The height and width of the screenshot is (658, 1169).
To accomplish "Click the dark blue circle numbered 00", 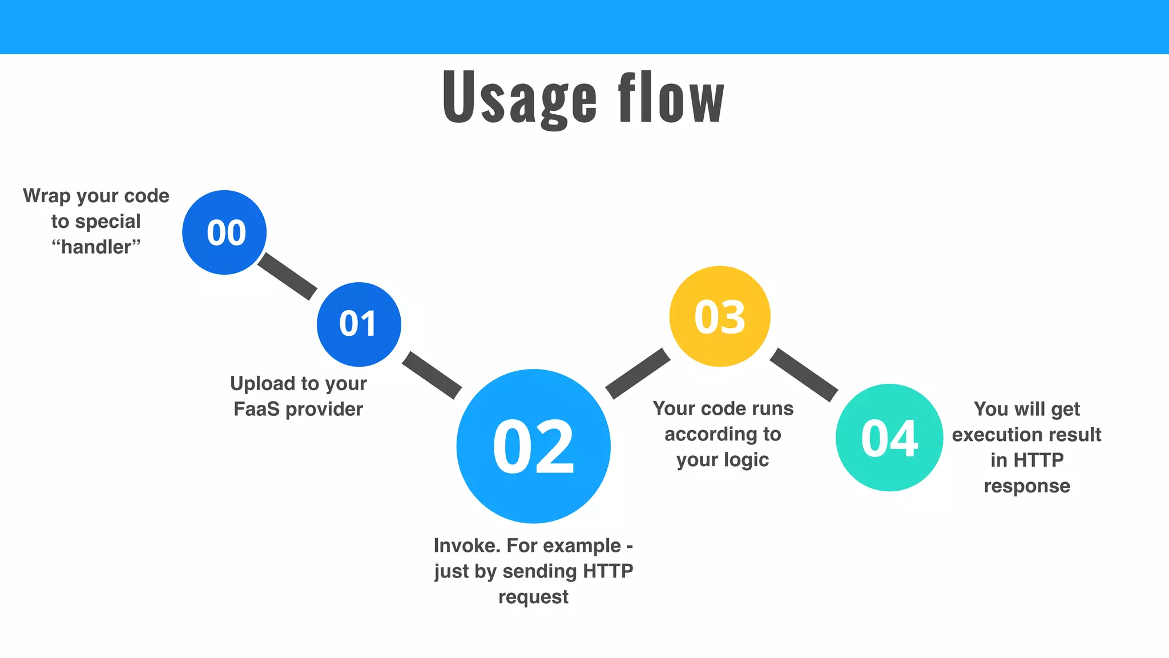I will [224, 232].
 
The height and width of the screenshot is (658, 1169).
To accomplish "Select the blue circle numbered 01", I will [359, 324].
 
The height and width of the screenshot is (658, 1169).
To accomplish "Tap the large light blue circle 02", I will [534, 446].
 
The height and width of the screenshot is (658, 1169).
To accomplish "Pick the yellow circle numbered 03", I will [720, 316].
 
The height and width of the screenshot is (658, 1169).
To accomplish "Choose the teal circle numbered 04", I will [889, 438].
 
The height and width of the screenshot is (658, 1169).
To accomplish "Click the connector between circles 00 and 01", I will [287, 276].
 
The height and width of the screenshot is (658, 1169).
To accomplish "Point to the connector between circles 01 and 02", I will [432, 375].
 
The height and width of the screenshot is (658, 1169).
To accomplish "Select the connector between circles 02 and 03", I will [638, 373].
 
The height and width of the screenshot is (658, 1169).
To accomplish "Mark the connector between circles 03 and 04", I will [804, 375].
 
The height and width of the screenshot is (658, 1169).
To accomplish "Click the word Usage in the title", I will [519, 97].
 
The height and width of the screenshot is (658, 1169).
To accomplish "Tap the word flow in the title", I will [671, 97].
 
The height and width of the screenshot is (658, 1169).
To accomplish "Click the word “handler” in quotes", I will [96, 247].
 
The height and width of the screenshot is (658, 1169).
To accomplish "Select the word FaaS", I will [256, 409].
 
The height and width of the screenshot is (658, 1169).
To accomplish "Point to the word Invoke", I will [467, 545].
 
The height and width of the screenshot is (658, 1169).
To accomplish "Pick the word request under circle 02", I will [533, 597].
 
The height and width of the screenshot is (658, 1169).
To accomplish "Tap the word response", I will [1027, 486].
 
